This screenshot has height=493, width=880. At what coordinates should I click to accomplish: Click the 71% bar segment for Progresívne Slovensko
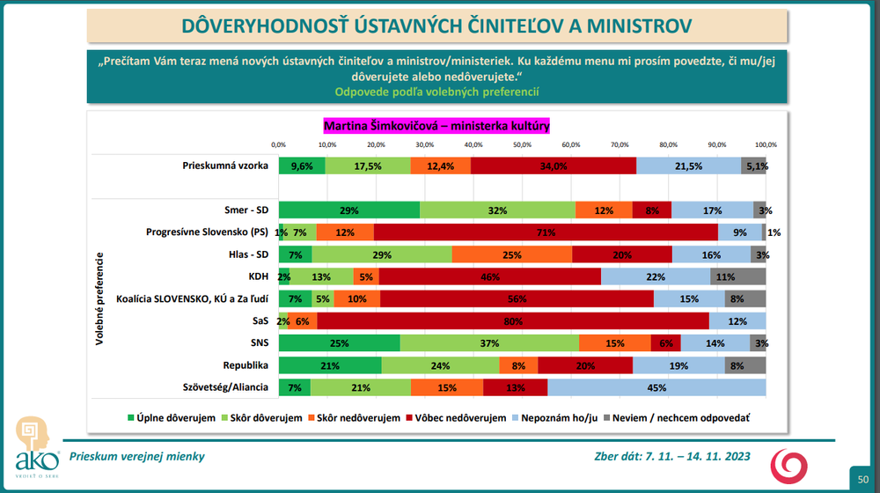click(546, 232)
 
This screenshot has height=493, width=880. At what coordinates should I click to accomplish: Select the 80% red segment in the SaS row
click(544, 320)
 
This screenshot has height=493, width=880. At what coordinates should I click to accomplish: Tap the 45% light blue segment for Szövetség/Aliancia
click(656, 386)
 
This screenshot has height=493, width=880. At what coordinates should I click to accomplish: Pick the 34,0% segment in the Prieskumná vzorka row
click(554, 166)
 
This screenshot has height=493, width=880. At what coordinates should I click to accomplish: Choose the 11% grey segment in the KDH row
click(738, 276)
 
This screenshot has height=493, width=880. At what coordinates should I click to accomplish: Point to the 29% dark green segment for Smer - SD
click(349, 210)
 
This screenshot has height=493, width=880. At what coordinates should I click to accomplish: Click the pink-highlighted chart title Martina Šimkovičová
click(436, 126)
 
